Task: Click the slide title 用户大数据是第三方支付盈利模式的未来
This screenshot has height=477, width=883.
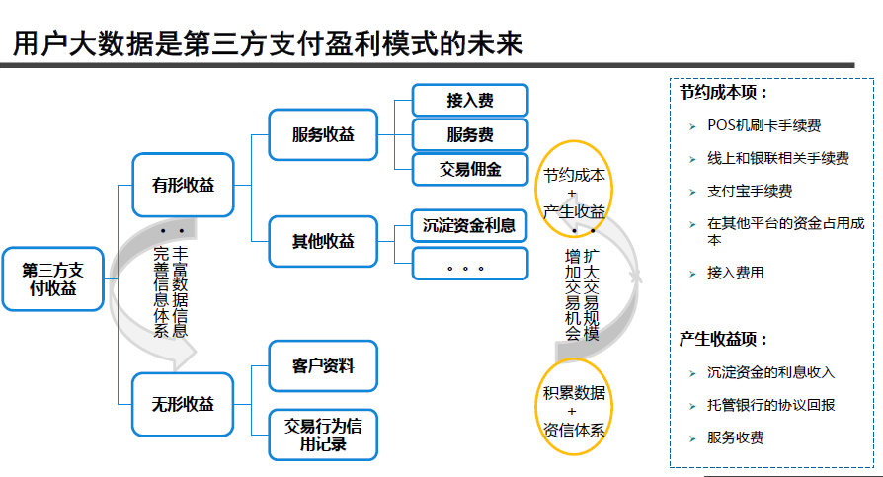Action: (x=267, y=43)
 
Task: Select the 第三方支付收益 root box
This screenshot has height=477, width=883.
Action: (x=52, y=278)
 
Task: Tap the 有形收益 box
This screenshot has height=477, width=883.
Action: (x=183, y=185)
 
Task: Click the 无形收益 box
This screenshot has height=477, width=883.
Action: (x=183, y=404)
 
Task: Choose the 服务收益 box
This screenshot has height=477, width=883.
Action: (x=323, y=134)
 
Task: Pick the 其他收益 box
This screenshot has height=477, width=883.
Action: (x=323, y=241)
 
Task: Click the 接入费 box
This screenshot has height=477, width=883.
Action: (x=470, y=100)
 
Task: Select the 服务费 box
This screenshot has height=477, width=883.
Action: (x=470, y=134)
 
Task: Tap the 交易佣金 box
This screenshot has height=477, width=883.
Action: (x=470, y=169)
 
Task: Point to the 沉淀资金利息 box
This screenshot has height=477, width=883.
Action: (x=470, y=225)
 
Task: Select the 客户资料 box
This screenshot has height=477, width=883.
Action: (x=323, y=366)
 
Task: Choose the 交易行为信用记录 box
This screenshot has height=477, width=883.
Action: (x=323, y=436)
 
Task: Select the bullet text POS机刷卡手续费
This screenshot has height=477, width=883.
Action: (x=764, y=125)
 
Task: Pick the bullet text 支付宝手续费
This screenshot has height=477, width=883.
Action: (x=750, y=191)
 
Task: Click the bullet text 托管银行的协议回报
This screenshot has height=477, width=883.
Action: (x=771, y=405)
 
